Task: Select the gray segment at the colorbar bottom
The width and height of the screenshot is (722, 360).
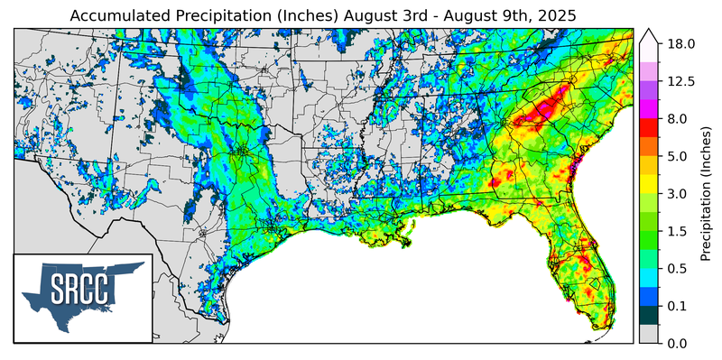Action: tap(648, 334)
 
